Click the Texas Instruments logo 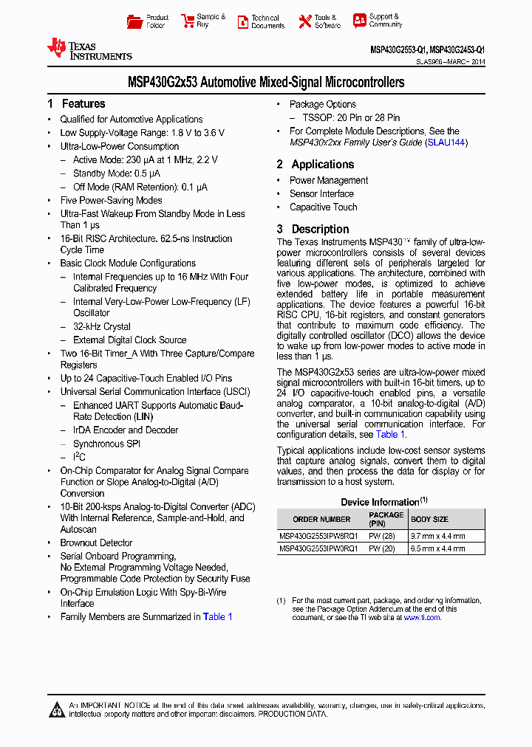[x=89, y=49]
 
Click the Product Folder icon [x=134, y=21]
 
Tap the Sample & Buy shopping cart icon [x=186, y=21]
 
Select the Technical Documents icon [x=242, y=21]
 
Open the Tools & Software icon [x=304, y=21]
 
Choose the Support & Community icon [x=359, y=21]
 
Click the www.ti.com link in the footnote [x=422, y=617]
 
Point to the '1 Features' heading [x=76, y=104]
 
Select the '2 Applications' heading [x=316, y=165]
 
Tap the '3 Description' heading [x=313, y=230]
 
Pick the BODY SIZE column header [x=429, y=519]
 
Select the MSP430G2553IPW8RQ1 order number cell [x=318, y=537]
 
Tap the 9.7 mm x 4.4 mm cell [x=438, y=537]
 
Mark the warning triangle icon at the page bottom [x=57, y=710]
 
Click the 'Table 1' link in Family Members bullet [x=218, y=617]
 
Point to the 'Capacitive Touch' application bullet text [x=323, y=207]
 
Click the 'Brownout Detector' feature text [x=96, y=543]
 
